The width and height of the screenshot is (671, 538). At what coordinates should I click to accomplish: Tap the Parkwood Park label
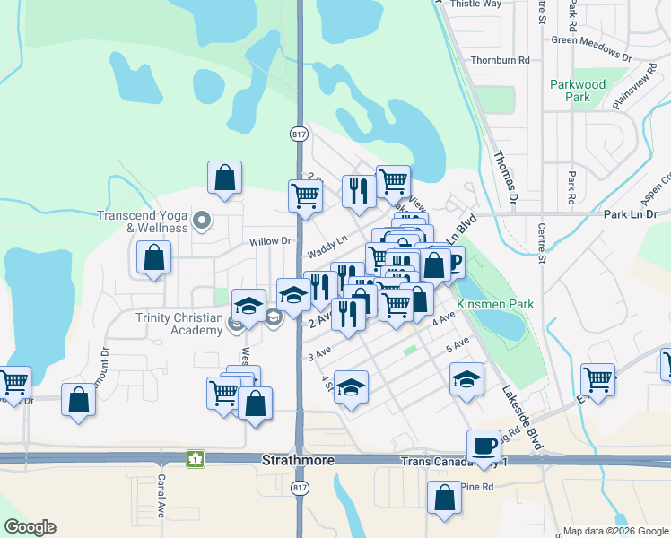tap(578, 91)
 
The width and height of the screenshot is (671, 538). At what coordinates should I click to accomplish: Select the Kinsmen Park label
tap(495, 305)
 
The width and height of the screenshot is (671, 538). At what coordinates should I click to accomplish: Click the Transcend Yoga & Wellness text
tap(144, 221)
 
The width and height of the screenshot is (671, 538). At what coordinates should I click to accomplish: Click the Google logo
tap(30, 527)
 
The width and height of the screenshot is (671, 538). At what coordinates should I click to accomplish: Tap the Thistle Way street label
tap(475, 4)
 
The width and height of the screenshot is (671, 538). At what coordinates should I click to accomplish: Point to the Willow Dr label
tap(270, 241)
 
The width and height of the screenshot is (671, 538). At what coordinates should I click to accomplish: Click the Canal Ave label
tap(161, 495)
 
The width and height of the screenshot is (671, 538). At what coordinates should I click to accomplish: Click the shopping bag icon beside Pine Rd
tap(444, 498)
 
